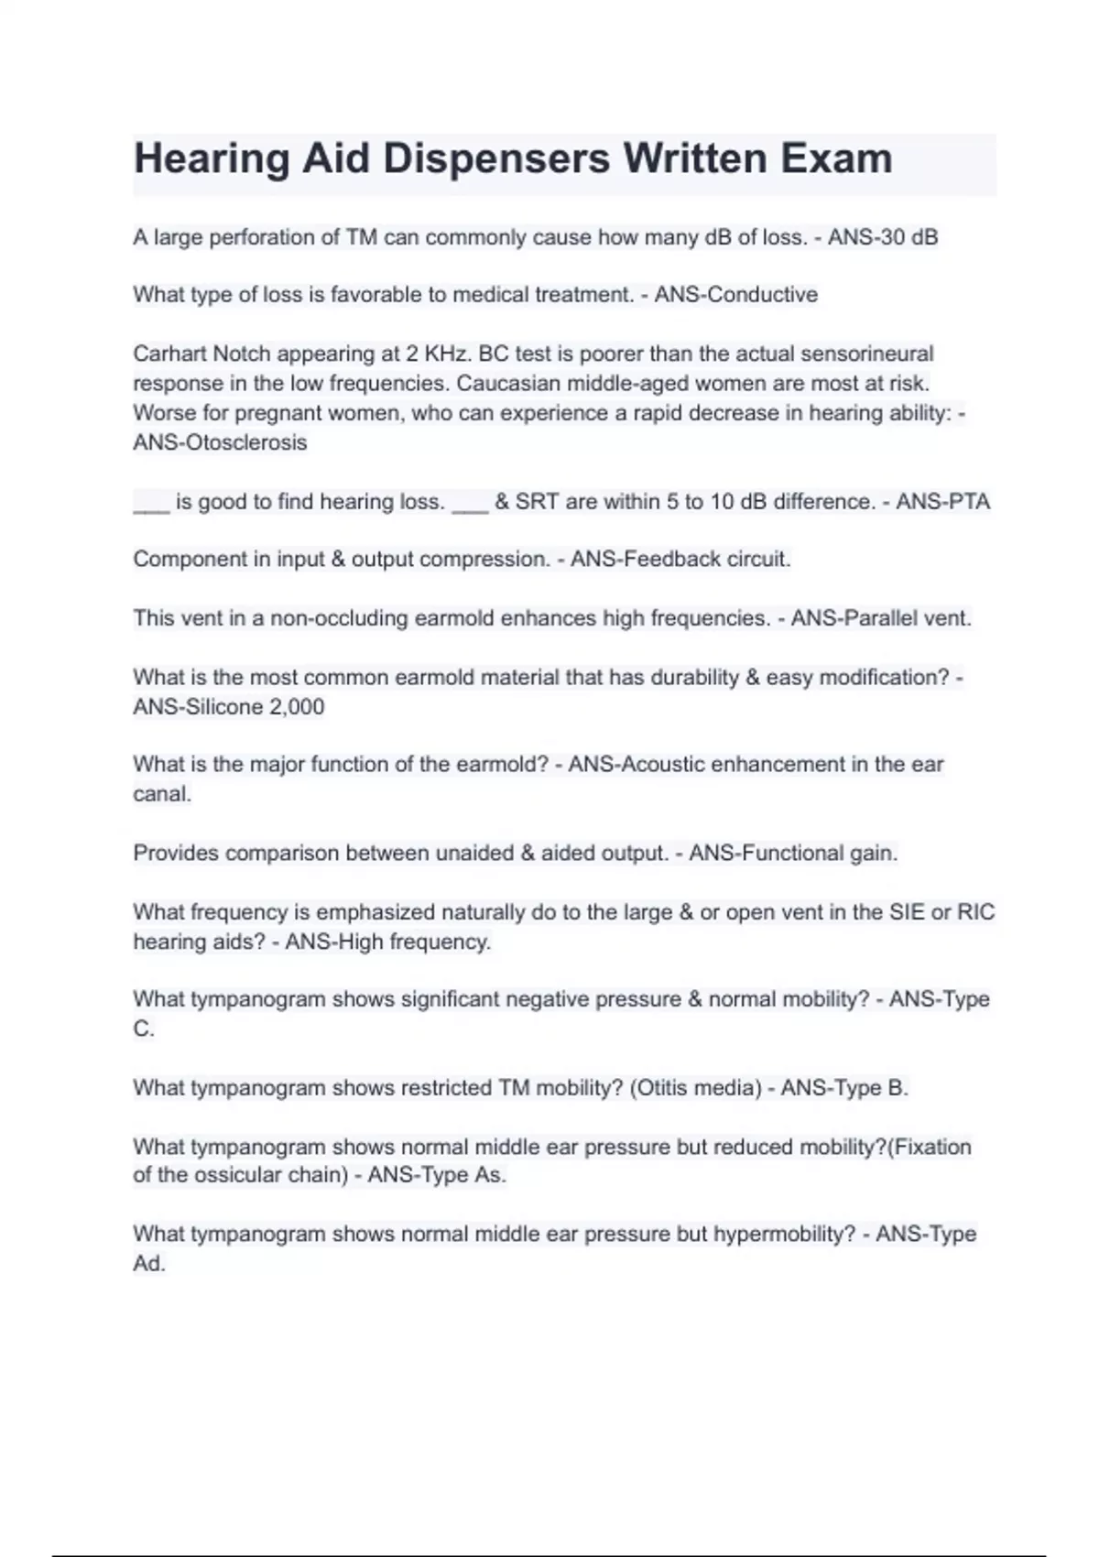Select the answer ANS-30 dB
click(x=883, y=237)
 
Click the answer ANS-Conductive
click(x=735, y=295)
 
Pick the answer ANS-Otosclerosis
click(x=220, y=442)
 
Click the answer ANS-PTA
click(x=942, y=502)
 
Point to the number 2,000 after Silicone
click(x=297, y=707)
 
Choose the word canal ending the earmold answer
click(x=162, y=794)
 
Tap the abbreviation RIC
click(x=975, y=912)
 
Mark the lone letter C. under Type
click(x=144, y=1029)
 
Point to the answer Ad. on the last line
click(x=149, y=1264)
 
